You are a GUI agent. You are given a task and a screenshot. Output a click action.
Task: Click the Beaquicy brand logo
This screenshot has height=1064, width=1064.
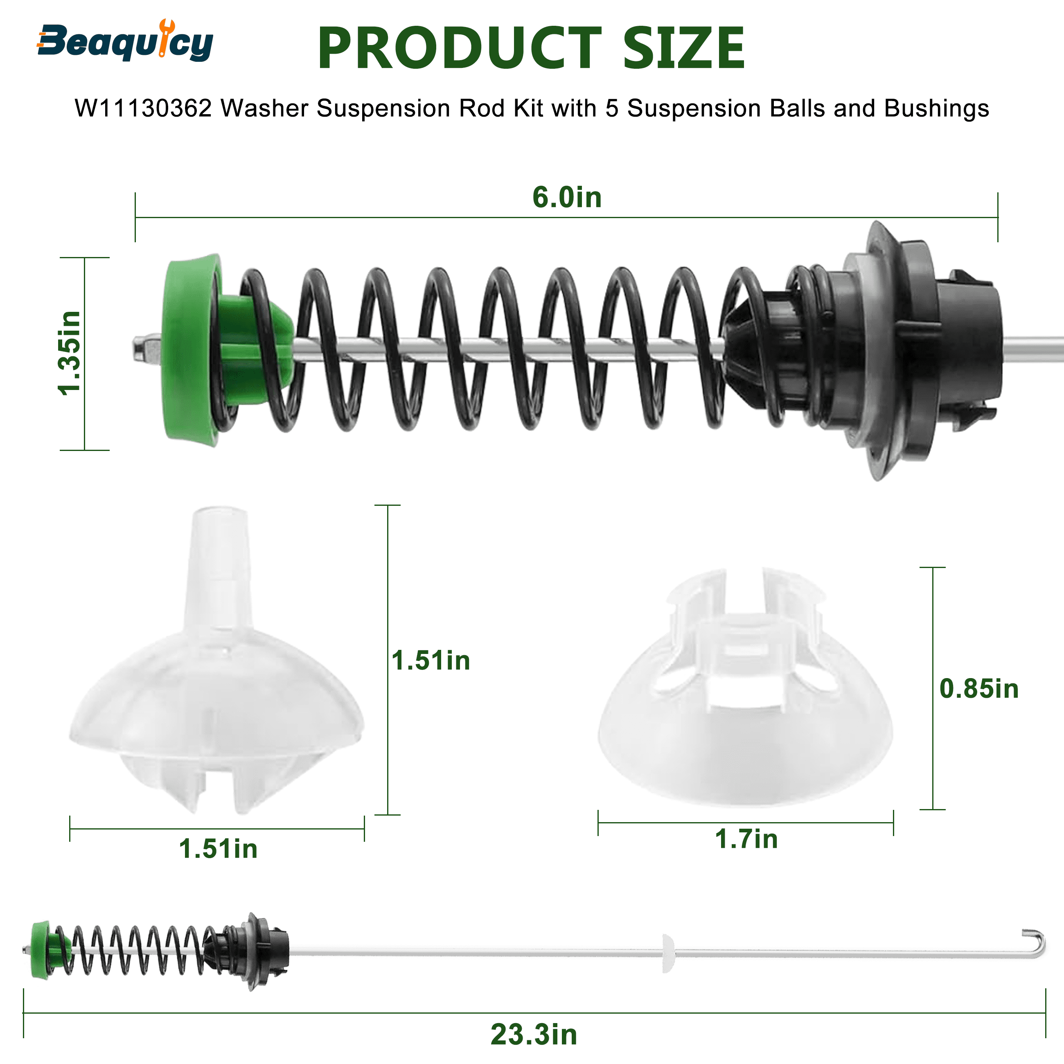coord(125,41)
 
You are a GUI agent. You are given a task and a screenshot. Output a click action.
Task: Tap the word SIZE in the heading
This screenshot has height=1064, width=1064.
coord(683,48)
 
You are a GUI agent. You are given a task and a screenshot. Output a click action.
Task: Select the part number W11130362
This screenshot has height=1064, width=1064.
coord(143,108)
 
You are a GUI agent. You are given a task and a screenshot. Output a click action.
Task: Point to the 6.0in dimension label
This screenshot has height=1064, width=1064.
coord(567,197)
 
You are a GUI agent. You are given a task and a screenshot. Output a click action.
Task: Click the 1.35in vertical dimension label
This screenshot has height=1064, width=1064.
coord(70,353)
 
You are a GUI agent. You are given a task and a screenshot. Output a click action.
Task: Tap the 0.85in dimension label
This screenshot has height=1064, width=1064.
coord(978,689)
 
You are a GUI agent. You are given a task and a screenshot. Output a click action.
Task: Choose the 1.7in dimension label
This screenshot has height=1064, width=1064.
coord(746,839)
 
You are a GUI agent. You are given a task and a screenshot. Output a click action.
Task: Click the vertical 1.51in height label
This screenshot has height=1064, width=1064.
coord(431,660)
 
